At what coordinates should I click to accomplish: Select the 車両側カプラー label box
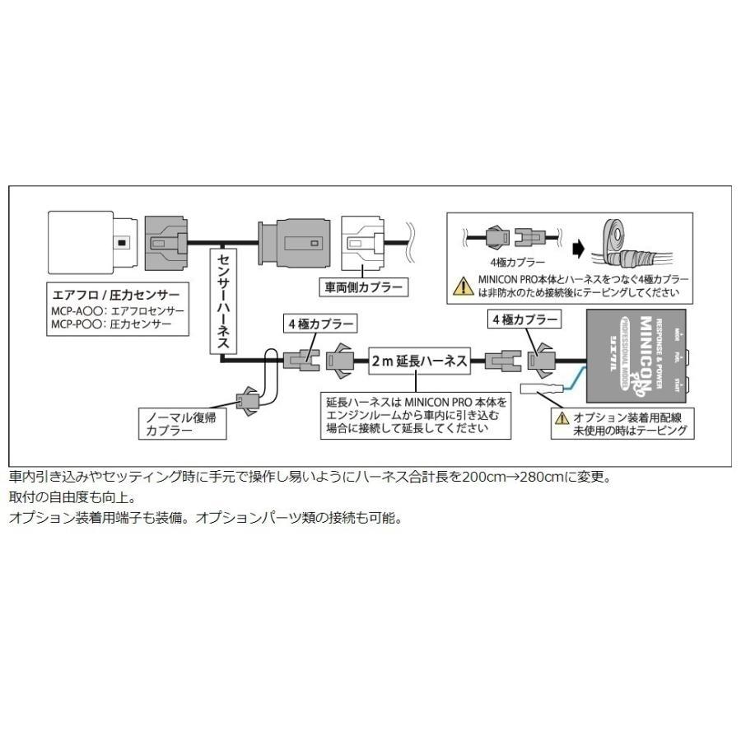pyautogui.click(x=361, y=288)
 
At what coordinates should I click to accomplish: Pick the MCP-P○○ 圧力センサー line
pyautogui.click(x=111, y=324)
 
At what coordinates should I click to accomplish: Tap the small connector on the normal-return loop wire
pyautogui.click(x=249, y=402)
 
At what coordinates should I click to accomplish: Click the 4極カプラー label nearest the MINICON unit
pyautogui.click(x=524, y=318)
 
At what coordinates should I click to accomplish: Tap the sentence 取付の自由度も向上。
pyautogui.click(x=66, y=497)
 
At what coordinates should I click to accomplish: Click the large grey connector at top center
pyautogui.click(x=295, y=241)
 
